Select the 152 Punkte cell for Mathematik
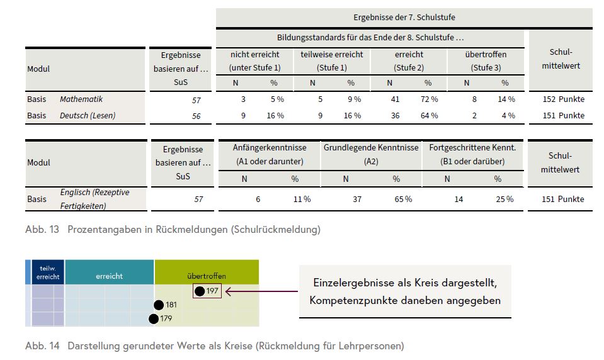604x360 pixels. [563, 99]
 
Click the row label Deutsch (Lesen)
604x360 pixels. [88, 116]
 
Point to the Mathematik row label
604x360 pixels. [81, 99]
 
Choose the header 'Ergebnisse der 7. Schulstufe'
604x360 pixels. [404, 18]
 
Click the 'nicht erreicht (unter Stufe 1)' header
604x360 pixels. [254, 60]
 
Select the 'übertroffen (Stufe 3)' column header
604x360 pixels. [486, 60]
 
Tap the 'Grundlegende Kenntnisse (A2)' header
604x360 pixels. [371, 154]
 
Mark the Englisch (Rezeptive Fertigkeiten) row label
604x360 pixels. [94, 199]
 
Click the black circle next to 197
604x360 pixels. [200, 291]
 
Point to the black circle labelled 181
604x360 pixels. [159, 305]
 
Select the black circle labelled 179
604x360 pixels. [154, 318]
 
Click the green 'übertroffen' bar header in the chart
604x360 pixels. [206, 276]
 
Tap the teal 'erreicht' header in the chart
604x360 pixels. [110, 276]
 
